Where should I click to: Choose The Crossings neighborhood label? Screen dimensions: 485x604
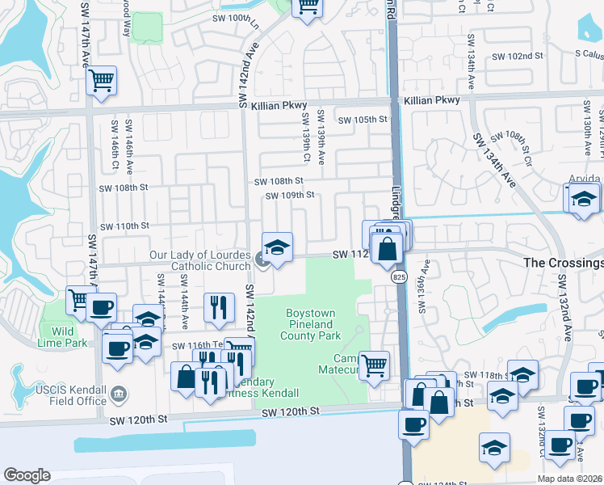[x=564, y=263]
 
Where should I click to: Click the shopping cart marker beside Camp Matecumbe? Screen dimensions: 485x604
[x=374, y=365]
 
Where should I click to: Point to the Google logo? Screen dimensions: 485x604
[x=27, y=475]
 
